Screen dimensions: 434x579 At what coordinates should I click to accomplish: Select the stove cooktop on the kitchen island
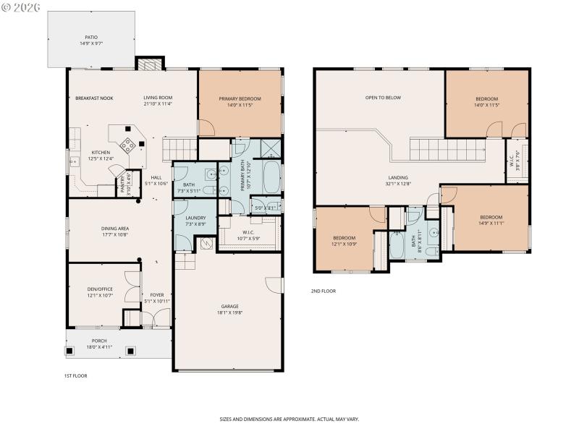[x=128, y=145]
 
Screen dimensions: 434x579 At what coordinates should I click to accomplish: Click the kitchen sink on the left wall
[x=73, y=160]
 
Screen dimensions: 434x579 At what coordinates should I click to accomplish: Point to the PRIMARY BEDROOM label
[x=240, y=98]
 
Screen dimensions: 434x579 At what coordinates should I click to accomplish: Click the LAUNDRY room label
[x=195, y=218]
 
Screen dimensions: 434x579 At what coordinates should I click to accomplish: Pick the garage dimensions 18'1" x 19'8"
[x=229, y=312]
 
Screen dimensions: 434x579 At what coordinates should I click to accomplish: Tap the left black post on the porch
[x=70, y=351]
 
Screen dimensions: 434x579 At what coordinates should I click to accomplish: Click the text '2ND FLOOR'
[x=324, y=291]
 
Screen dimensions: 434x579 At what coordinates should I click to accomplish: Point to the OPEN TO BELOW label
[x=383, y=98]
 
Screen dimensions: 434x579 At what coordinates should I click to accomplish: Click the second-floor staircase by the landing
[x=436, y=151]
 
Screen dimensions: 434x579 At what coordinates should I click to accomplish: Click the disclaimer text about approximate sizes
[x=289, y=419]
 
